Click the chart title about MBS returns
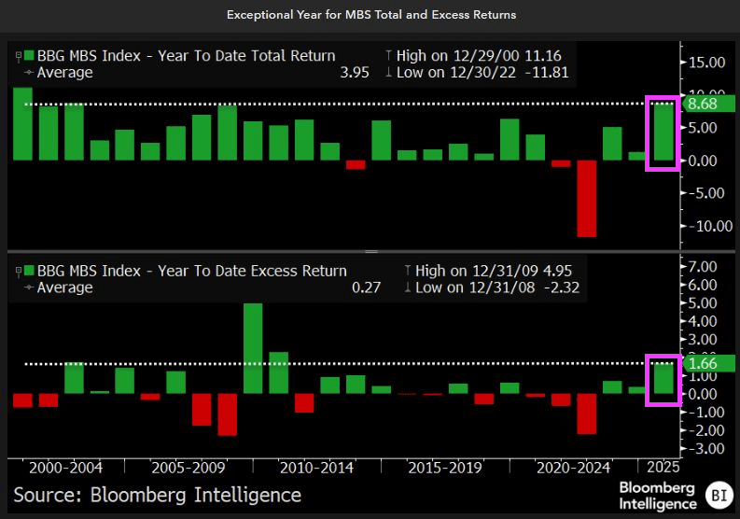click(x=370, y=15)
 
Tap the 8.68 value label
click(x=701, y=104)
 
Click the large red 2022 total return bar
click(x=586, y=199)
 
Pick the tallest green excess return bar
click(x=252, y=348)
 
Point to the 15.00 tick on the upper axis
click(x=705, y=63)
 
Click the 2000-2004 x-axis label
click(x=65, y=467)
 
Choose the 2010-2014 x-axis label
click(x=316, y=467)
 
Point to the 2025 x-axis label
click(x=662, y=467)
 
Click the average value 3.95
click(x=345, y=73)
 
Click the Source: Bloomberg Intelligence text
click(x=157, y=495)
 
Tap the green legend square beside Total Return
click(x=31, y=55)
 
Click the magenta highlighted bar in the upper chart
click(x=662, y=133)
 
